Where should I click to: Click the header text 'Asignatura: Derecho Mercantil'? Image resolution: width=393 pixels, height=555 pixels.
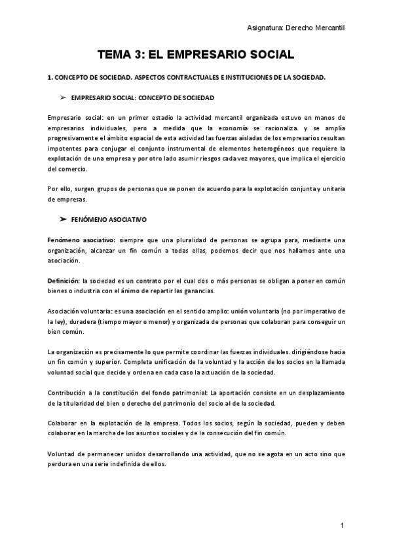[x=295, y=27]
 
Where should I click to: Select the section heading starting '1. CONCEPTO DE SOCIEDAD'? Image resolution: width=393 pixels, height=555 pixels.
[x=187, y=77]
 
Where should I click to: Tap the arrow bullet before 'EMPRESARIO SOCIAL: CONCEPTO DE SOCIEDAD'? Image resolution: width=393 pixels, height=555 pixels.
[x=64, y=97]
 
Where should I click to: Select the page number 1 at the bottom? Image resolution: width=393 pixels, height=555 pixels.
[x=342, y=526]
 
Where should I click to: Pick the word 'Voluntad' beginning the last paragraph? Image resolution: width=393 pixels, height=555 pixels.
[x=62, y=454]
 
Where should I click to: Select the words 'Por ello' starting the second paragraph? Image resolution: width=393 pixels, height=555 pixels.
[x=60, y=188]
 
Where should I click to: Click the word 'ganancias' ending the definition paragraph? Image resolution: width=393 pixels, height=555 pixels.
[x=196, y=291]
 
